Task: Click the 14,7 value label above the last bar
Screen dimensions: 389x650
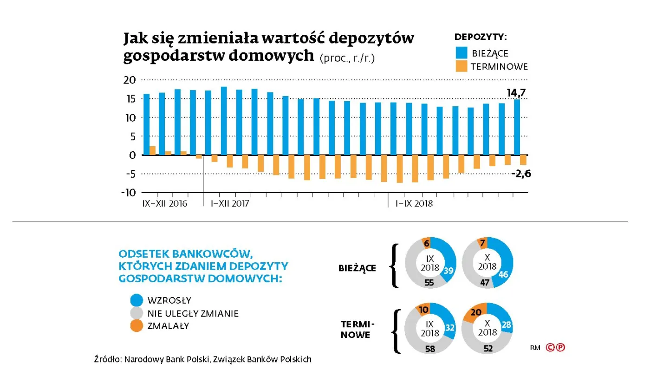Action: click(x=516, y=93)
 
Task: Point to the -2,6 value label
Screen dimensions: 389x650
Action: click(x=521, y=174)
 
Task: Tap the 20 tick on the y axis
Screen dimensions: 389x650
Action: click(x=130, y=80)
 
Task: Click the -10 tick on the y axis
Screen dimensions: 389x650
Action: click(x=128, y=193)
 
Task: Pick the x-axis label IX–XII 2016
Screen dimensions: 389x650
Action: click(x=164, y=203)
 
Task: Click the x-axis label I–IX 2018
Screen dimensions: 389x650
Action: click(x=414, y=203)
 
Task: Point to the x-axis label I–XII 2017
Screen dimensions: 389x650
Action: click(x=230, y=203)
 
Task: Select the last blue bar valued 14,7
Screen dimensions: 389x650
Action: click(x=517, y=127)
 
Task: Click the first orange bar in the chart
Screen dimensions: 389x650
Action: click(x=152, y=150)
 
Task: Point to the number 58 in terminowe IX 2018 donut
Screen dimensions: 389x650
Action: click(x=430, y=349)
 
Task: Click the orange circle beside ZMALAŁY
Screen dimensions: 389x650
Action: click(x=137, y=326)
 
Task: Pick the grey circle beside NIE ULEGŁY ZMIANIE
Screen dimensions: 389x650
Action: click(x=137, y=313)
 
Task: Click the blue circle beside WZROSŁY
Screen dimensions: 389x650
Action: click(x=137, y=300)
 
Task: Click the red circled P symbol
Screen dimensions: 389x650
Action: click(x=561, y=347)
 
